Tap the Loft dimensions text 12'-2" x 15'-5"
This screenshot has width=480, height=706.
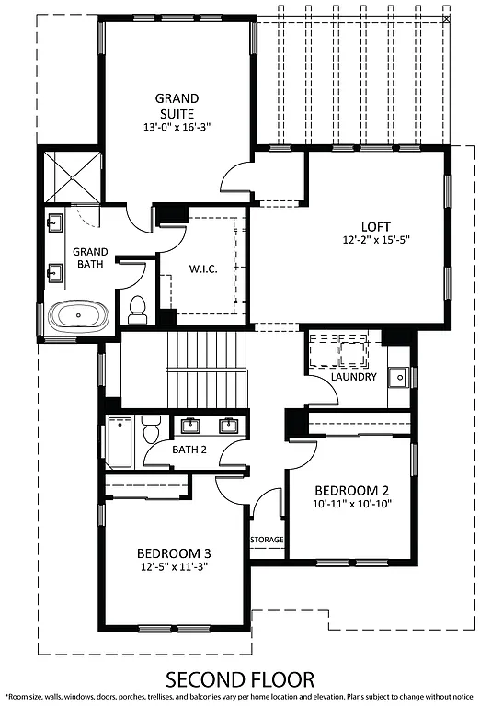377,241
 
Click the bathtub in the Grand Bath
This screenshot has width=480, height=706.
78,317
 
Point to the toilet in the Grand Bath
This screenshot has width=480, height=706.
138,309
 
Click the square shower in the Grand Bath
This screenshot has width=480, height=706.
71,176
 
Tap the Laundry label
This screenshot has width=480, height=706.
353,377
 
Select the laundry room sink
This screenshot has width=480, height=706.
398,375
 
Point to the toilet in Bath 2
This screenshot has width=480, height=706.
151,429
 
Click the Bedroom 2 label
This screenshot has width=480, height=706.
352,490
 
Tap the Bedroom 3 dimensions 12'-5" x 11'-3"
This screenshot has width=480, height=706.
175,567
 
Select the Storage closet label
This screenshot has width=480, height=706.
267,540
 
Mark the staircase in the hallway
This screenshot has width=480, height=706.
207,368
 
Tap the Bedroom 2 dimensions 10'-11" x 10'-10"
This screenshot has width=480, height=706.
352,505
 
